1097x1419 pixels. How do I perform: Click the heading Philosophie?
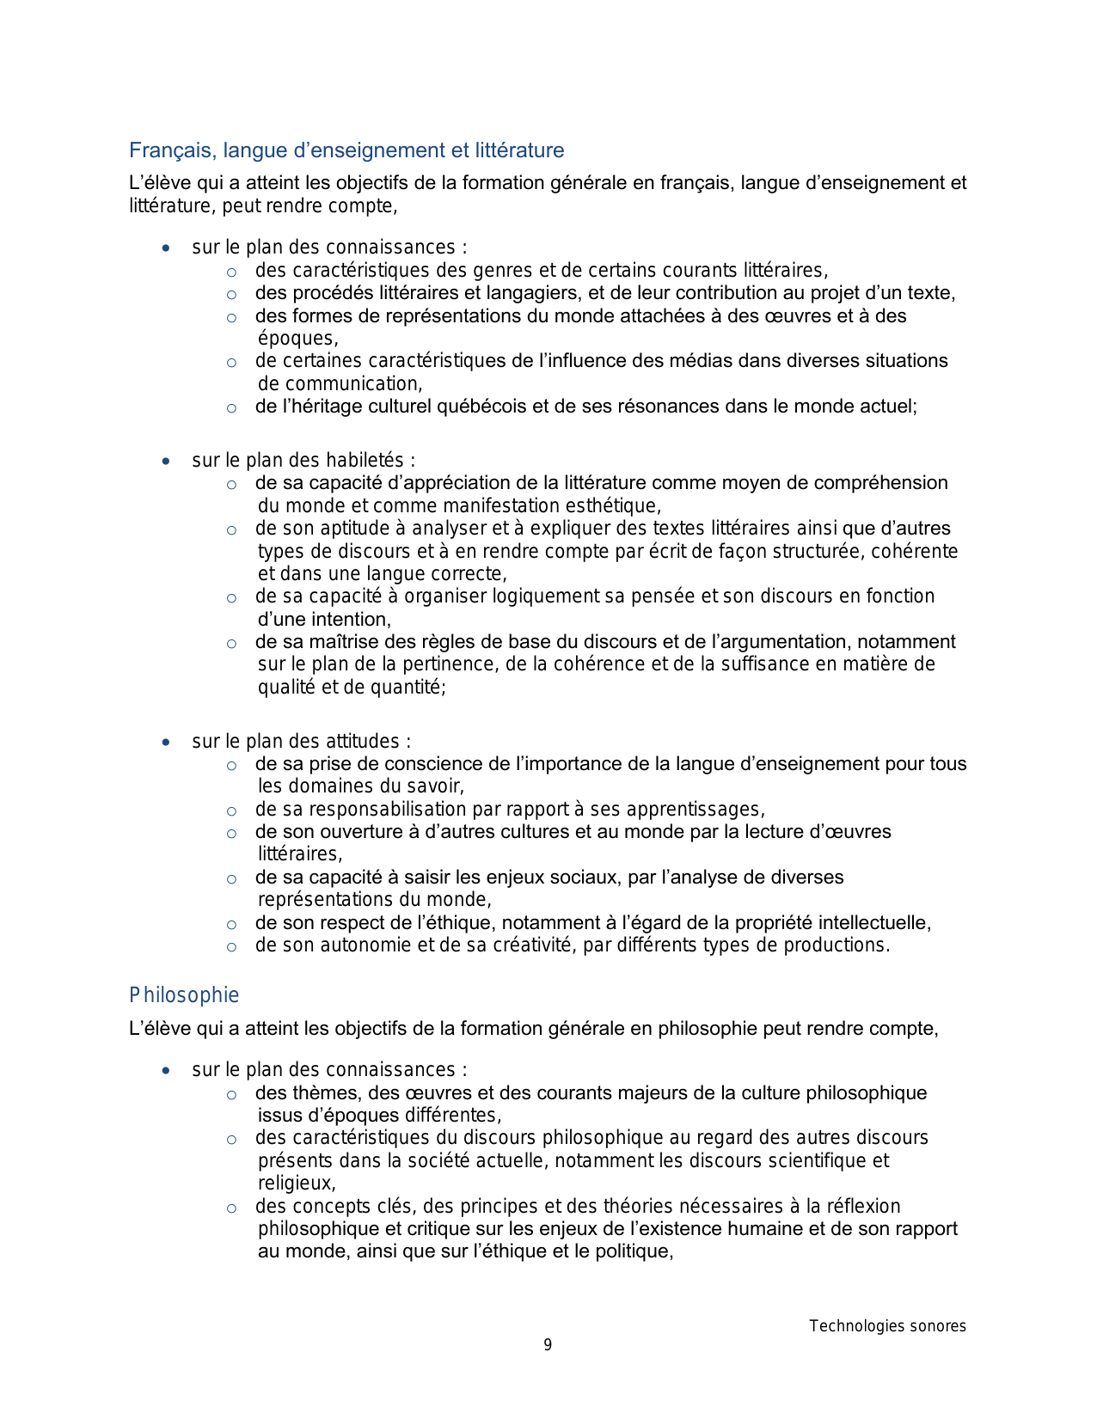point(184,995)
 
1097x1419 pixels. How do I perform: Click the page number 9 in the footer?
point(548,1345)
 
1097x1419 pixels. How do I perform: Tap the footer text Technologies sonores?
point(887,1326)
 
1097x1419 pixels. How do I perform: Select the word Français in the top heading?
point(173,150)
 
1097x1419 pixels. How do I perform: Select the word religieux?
point(295,1184)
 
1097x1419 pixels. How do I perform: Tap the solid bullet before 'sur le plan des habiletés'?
point(166,462)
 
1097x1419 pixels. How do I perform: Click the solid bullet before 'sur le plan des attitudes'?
point(166,743)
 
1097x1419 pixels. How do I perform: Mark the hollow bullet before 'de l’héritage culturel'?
point(231,408)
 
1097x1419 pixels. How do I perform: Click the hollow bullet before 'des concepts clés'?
point(231,1208)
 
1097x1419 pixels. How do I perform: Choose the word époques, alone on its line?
point(297,339)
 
